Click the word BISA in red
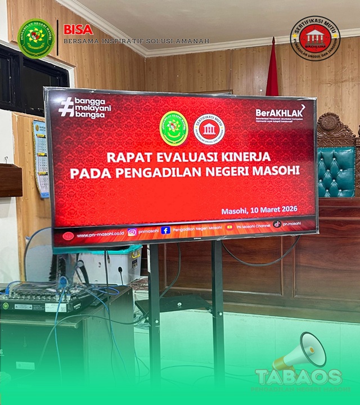[x=78, y=29]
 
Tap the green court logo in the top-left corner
[x=36, y=38]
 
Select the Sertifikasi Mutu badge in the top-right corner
[x=315, y=38]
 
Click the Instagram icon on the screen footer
[x=132, y=232]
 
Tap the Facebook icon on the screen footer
[x=165, y=230]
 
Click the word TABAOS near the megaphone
[x=298, y=377]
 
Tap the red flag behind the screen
[x=272, y=70]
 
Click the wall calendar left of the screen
[x=40, y=157]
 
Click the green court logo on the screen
[x=174, y=128]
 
